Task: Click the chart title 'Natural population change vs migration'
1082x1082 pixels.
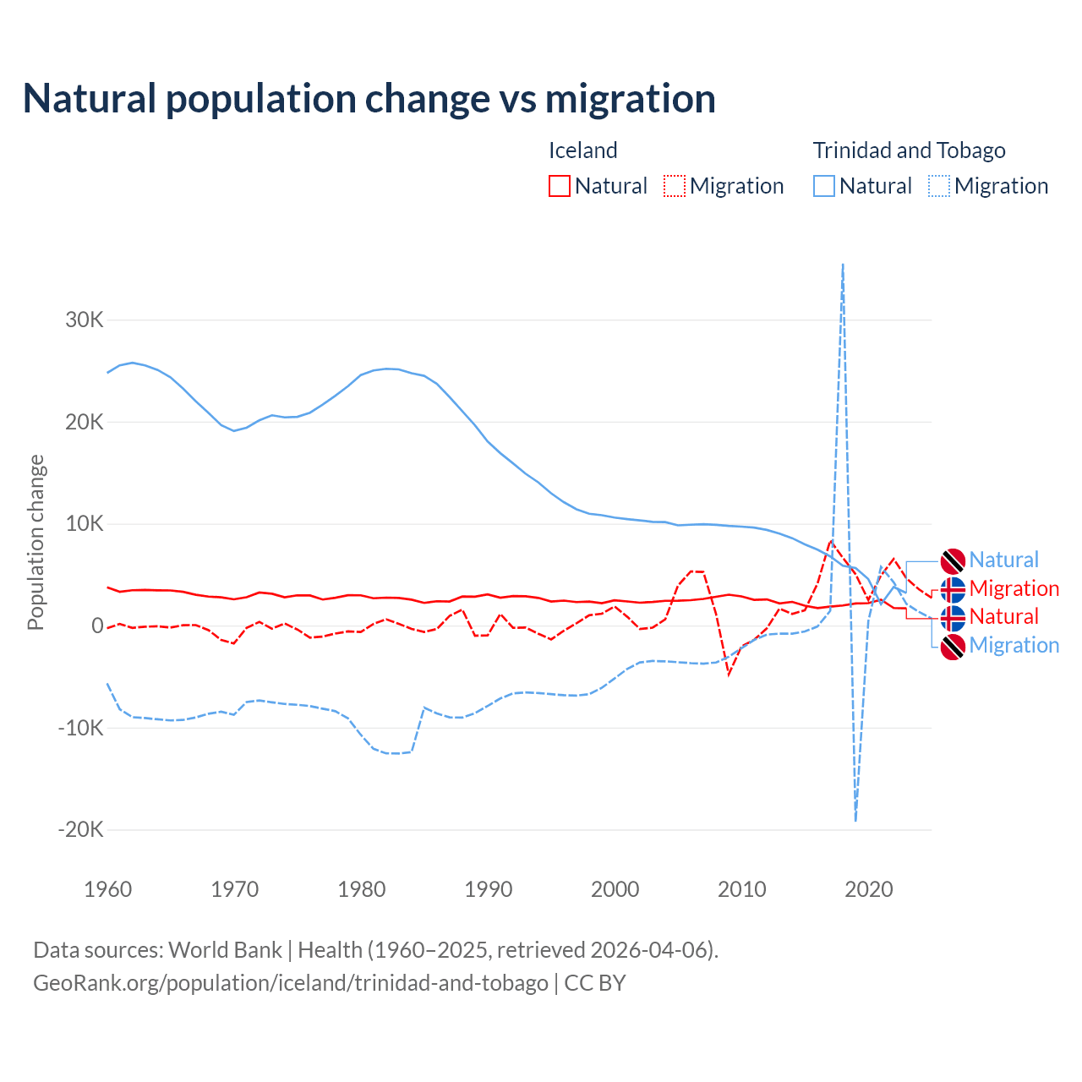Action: coord(369,99)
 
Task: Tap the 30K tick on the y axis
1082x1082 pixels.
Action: coord(85,320)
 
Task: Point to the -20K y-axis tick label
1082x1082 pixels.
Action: coord(81,829)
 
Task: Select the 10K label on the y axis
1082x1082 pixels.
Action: coord(85,524)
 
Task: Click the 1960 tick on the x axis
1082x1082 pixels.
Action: coord(108,889)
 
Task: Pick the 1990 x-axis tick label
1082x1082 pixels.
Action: coord(489,889)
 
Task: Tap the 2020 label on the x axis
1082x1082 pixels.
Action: coord(869,889)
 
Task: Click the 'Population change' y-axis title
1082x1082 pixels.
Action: coord(36,542)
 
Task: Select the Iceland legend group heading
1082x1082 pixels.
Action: coord(583,150)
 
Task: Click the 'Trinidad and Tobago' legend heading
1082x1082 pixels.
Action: coord(909,150)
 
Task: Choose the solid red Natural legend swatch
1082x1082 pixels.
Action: coord(560,186)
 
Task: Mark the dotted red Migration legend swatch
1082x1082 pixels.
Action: coord(675,186)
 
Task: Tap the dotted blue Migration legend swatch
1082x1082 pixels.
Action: coord(939,186)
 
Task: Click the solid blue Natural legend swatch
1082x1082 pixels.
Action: coord(824,186)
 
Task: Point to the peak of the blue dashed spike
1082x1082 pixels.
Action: coord(843,265)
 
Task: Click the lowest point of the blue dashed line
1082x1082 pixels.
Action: coord(855,819)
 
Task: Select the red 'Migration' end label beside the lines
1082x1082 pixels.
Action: coord(1014,588)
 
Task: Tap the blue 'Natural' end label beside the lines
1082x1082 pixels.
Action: coord(1003,560)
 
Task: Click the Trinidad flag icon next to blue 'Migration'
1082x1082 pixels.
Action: coord(953,647)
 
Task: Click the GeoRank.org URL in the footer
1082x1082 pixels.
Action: coord(291,983)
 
